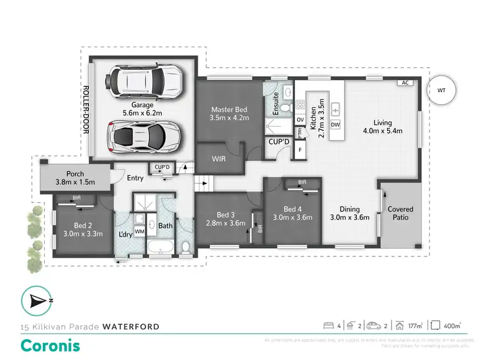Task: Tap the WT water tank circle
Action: tap(441, 90)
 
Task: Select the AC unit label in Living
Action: tap(404, 83)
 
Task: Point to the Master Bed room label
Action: tap(230, 113)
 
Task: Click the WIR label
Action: tap(218, 157)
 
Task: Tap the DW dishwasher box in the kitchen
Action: tap(335, 124)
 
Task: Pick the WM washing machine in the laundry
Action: tap(139, 231)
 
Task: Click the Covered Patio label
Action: tap(400, 213)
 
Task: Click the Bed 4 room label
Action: tap(291, 214)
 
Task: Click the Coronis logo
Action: tap(51, 345)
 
